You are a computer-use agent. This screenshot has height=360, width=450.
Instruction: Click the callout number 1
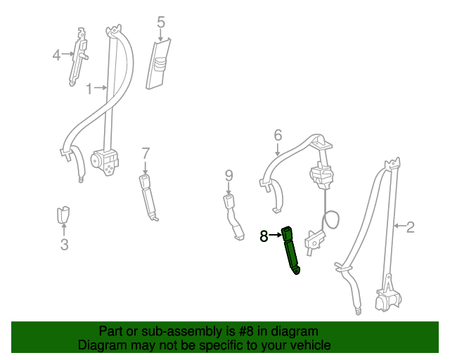[x=89, y=89]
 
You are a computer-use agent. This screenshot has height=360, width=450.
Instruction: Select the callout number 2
[x=411, y=227]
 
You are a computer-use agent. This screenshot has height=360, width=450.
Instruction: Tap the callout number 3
[x=64, y=245]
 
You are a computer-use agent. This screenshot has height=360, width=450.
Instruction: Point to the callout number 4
[x=56, y=55]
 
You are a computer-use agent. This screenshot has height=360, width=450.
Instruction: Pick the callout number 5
[x=161, y=22]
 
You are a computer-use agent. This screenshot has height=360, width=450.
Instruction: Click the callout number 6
[x=278, y=135]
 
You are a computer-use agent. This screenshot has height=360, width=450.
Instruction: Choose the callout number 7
[x=146, y=153]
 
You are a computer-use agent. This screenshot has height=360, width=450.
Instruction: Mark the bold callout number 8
[x=264, y=236]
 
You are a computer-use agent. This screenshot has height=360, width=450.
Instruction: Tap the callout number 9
[x=229, y=176]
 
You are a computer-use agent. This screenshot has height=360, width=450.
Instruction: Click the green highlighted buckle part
[x=290, y=250]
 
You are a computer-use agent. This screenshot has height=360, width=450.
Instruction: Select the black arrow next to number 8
[x=276, y=235]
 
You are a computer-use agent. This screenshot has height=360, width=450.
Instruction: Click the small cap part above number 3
[x=63, y=214]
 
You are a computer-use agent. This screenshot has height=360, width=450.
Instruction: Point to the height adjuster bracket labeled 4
[x=78, y=56]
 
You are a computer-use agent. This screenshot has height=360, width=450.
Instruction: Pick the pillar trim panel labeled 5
[x=158, y=64]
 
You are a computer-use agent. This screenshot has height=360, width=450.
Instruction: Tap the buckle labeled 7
[x=148, y=198]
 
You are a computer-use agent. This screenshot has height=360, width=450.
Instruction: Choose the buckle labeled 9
[x=233, y=217]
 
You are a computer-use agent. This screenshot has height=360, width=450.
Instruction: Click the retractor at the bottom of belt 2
[x=388, y=300]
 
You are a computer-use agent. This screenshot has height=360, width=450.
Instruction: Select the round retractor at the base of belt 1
[x=104, y=162]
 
